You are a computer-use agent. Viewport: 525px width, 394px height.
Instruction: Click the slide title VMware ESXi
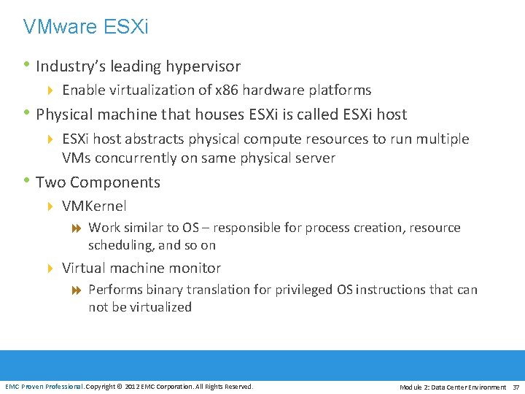point(85,28)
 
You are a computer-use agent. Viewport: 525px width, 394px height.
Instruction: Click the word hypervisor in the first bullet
point(203,67)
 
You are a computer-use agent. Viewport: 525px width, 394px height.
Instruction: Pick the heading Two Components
point(98,182)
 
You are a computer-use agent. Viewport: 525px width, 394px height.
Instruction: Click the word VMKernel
point(94,206)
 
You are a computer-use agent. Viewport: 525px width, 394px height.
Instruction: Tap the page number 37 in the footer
point(516,387)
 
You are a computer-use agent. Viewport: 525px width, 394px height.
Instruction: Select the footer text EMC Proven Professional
point(44,386)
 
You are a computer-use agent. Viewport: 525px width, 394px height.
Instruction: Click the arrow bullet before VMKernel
point(50,207)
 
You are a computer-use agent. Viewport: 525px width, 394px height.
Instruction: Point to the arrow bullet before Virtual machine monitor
point(50,269)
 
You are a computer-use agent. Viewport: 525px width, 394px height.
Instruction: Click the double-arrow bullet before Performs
point(77,290)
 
